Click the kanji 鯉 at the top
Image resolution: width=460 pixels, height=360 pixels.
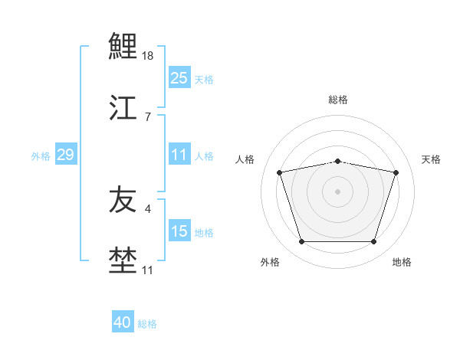click(x=123, y=47)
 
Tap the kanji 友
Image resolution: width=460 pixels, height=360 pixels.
click(x=123, y=200)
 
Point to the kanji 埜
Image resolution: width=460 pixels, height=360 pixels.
click(x=123, y=260)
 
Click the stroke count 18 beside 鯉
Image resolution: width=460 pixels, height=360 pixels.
click(x=149, y=56)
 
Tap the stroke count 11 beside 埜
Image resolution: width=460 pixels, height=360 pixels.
click(x=148, y=270)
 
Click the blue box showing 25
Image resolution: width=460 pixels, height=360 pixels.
click(x=179, y=78)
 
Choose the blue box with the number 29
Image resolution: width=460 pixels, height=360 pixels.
click(x=65, y=155)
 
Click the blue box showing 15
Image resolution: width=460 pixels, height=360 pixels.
click(x=179, y=231)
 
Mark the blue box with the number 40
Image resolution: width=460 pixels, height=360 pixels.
click(x=123, y=322)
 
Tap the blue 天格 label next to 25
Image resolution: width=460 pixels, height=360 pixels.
click(x=204, y=80)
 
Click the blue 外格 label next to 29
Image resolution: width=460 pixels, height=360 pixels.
click(x=41, y=156)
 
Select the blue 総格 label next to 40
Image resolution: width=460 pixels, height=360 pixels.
click(x=147, y=324)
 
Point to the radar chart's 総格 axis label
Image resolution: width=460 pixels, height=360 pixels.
click(x=338, y=100)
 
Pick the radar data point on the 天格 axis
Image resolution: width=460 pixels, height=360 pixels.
click(x=396, y=173)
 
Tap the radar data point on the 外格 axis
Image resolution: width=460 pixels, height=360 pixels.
click(x=302, y=242)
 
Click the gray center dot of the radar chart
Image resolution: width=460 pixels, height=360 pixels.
click(x=338, y=191)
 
